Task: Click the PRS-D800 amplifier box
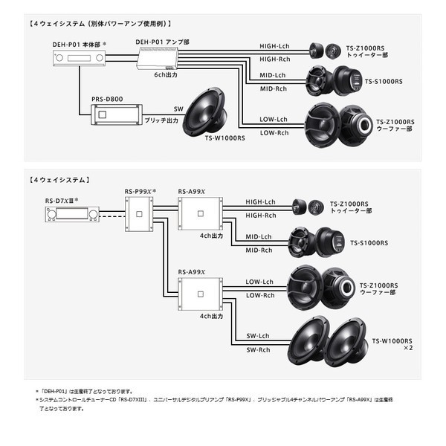117,114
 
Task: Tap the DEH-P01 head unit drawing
79,58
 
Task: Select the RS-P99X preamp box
139,214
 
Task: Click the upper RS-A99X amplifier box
200,213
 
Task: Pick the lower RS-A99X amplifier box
200,294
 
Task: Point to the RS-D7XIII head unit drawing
72,214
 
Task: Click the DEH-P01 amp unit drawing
158,58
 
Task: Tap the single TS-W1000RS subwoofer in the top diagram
205,112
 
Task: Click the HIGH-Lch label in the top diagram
274,46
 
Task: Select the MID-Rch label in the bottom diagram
259,251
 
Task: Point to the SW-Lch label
258,336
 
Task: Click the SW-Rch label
258,350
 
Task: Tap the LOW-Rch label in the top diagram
274,133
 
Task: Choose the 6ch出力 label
166,75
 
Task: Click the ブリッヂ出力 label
161,120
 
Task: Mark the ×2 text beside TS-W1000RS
408,348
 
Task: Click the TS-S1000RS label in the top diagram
384,82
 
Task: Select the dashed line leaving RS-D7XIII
112,216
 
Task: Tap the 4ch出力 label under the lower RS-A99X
211,317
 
